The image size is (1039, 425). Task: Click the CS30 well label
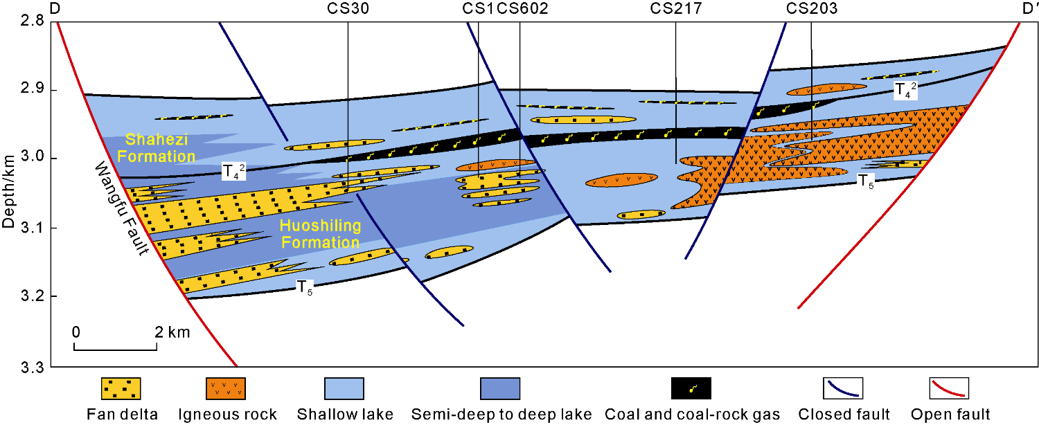pos(348,9)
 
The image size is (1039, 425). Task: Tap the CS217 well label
pos(676,9)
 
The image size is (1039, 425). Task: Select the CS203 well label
pos(812,9)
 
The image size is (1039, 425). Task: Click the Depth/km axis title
pos(8,192)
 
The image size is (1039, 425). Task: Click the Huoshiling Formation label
pos(320,234)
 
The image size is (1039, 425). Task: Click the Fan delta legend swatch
pos(121,388)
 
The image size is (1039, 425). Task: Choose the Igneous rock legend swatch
pos(225,388)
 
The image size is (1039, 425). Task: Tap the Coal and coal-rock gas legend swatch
pos(691,388)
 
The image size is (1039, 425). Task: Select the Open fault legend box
pos(948,388)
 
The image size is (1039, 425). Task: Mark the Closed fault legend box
pos(843,388)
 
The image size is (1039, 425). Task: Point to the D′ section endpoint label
pos(1028,9)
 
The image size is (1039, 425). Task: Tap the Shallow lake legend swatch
pos(344,388)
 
